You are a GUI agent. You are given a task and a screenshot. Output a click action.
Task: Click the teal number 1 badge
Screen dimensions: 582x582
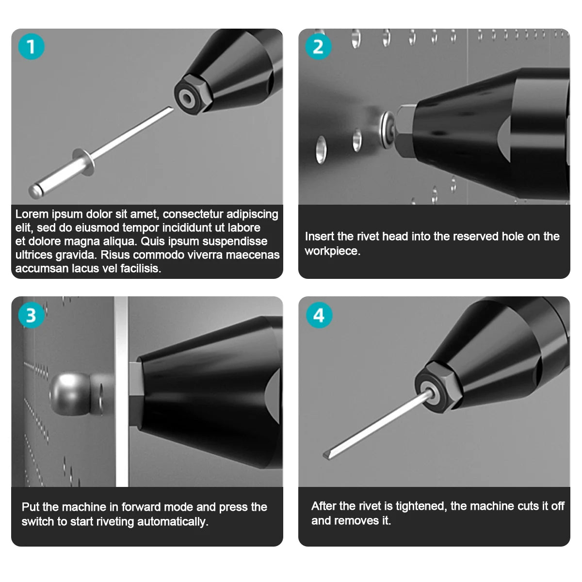click(x=32, y=47)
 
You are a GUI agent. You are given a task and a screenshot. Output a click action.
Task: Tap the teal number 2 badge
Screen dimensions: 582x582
click(x=318, y=47)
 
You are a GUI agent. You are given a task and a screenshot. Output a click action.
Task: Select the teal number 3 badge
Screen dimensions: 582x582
click(x=32, y=315)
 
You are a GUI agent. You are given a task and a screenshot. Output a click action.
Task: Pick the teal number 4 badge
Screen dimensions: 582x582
click(x=319, y=315)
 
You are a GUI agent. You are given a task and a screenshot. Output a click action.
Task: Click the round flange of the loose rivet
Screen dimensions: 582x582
click(x=83, y=162)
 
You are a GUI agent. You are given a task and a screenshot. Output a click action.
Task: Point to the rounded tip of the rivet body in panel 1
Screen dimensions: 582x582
click(x=35, y=192)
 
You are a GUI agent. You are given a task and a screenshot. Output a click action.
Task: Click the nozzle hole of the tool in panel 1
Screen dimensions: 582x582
click(x=186, y=97)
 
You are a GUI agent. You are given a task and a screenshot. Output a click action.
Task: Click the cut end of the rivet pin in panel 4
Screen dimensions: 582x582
click(x=327, y=455)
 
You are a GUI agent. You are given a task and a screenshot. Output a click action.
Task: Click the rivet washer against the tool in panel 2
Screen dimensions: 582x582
click(x=387, y=129)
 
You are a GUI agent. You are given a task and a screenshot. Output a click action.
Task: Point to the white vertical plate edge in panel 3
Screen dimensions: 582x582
click(x=121, y=391)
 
